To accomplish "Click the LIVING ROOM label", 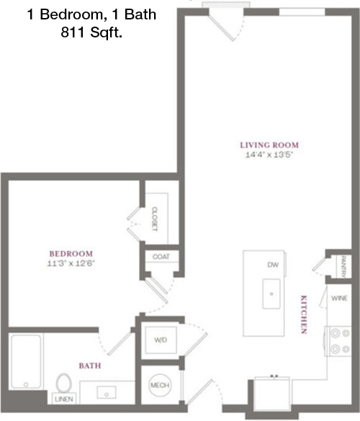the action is [269, 145].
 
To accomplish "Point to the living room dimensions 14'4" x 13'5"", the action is [269, 155].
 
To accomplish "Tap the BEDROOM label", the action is [71, 254].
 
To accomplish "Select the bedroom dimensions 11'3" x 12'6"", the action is [71, 263].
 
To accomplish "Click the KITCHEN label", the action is [304, 314].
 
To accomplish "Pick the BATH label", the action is [90, 366].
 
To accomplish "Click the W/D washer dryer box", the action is [161, 340].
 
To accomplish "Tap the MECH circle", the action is [160, 386].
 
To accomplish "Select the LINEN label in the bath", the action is [64, 399].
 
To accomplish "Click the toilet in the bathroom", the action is [64, 383].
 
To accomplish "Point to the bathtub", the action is [26, 361].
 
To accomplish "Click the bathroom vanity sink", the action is [107, 392].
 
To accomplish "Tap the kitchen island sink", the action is [271, 294].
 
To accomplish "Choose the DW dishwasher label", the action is [273, 265].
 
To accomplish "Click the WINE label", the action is [339, 298].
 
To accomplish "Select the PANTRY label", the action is [343, 266].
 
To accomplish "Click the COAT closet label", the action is [161, 257].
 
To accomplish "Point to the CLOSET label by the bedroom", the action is [155, 219].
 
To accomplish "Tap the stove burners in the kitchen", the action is [340, 341].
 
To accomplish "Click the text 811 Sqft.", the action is [91, 32].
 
